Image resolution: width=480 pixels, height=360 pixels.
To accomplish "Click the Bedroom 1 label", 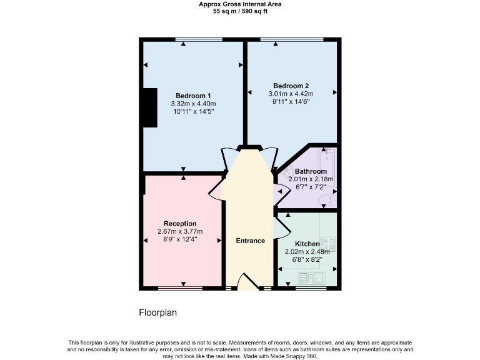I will point(193,96).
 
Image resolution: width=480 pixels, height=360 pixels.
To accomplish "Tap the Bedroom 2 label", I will point(291,86).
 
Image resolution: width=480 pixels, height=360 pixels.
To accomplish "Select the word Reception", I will point(180,223).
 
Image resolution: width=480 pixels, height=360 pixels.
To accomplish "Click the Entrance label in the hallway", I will point(250,241).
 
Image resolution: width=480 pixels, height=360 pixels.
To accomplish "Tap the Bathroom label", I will point(311,171).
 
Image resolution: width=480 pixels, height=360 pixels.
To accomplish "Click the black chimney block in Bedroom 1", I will point(149,108).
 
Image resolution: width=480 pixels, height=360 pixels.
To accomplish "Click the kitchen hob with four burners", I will point(331,244).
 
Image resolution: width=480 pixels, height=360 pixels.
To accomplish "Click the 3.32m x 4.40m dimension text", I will point(193,104).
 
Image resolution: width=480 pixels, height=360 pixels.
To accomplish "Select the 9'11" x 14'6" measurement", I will point(291,102).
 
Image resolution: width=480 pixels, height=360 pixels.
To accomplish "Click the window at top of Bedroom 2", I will point(292,40).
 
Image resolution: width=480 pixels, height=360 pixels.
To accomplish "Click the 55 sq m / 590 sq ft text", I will point(240,11).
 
